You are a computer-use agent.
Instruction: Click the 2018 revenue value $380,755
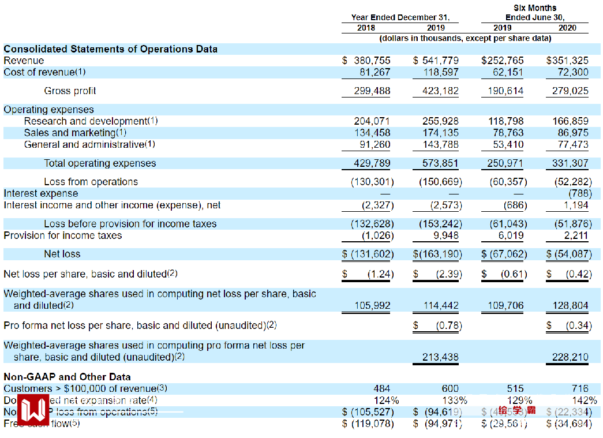point(366,61)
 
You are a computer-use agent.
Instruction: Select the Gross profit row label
point(70,91)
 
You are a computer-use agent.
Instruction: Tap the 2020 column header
point(568,28)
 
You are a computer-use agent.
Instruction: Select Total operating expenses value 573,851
point(441,163)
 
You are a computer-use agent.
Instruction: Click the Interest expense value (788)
point(578,193)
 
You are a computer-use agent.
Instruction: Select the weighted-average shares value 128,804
point(570,305)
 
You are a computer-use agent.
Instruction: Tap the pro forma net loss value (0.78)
point(449,325)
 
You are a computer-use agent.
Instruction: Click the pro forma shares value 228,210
point(570,357)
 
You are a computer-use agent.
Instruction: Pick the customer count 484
point(381,389)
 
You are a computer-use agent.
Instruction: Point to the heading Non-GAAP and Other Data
point(68,377)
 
